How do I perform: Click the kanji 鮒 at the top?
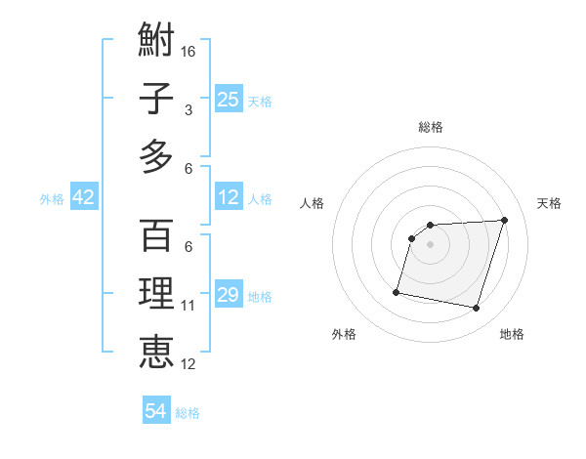click(x=156, y=42)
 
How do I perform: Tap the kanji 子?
click(x=156, y=99)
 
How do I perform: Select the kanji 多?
click(x=156, y=156)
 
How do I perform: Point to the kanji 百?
click(x=156, y=235)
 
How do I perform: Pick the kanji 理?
click(x=156, y=294)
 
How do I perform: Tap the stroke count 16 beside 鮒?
click(x=188, y=51)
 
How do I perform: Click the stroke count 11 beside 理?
click(x=188, y=306)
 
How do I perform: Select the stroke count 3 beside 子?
click(x=188, y=110)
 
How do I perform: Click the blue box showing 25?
click(x=229, y=99)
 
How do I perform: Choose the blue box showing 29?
click(x=229, y=295)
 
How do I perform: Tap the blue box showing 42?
click(x=84, y=197)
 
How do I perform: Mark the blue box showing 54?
click(x=156, y=411)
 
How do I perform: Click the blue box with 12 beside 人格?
click(x=229, y=197)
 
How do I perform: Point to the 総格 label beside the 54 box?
click(x=188, y=413)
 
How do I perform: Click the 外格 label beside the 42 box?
click(x=52, y=199)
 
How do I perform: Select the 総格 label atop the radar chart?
click(x=431, y=127)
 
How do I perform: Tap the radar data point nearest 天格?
click(x=504, y=220)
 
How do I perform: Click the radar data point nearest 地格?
click(x=476, y=309)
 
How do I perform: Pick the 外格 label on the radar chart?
click(x=344, y=334)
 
